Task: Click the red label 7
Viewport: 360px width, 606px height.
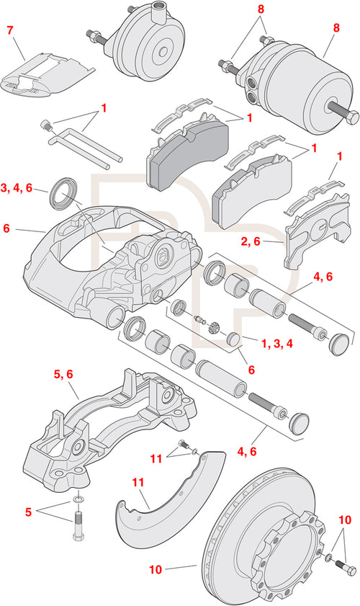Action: (9, 30)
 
